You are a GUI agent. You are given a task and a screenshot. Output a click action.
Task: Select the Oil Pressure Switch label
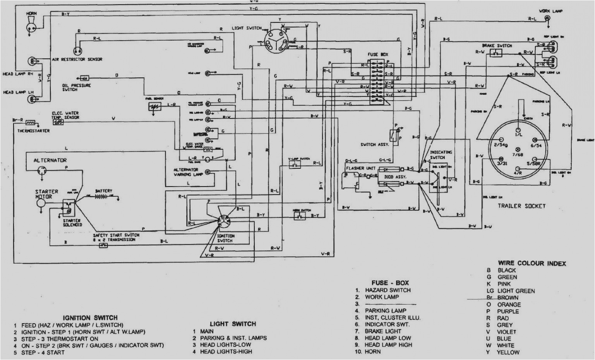76,87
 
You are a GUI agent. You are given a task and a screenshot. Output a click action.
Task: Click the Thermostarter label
33,131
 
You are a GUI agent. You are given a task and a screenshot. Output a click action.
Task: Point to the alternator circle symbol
41,171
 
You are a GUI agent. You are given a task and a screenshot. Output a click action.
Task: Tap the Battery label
103,191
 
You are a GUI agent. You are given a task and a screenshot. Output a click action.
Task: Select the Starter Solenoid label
72,223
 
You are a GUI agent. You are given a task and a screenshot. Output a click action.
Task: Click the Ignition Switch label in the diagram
226,238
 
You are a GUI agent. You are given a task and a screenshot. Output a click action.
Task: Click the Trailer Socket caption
521,206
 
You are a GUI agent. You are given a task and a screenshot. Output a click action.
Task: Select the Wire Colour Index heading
532,263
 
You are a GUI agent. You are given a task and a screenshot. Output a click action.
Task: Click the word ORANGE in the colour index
509,305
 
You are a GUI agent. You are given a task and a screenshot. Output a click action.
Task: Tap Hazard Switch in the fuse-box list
388,290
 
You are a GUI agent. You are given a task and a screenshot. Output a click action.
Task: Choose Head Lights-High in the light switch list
226,351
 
